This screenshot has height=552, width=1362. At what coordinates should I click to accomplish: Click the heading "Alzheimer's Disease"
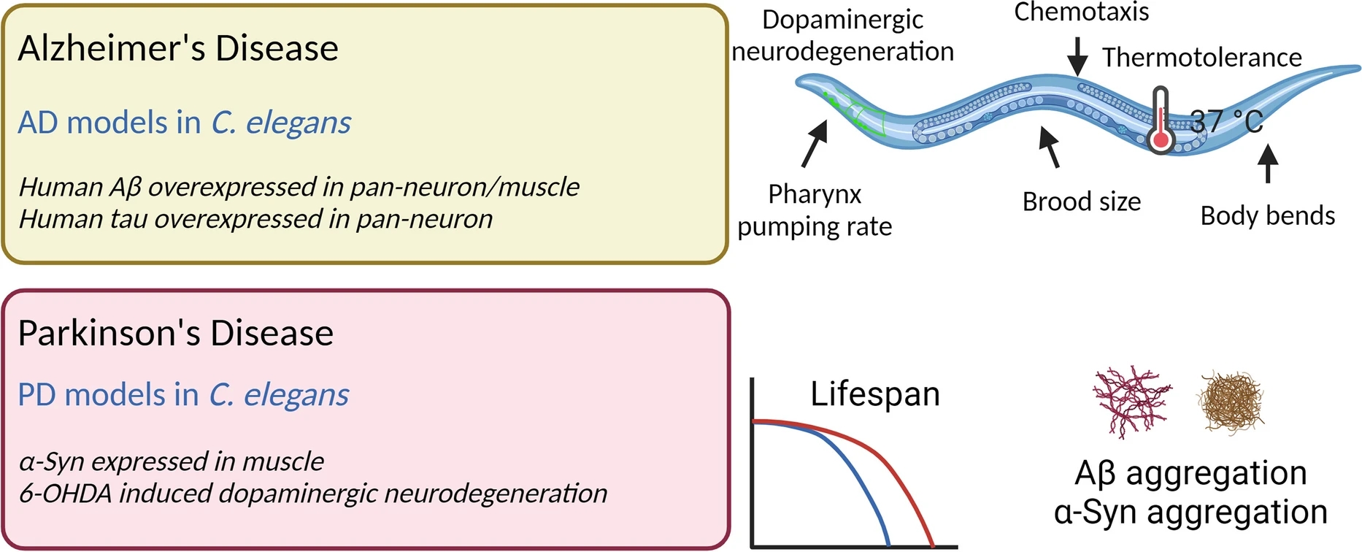point(178,49)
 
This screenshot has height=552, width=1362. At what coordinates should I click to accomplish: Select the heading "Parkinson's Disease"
point(175,334)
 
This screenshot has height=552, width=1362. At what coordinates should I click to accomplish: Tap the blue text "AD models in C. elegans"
point(184,123)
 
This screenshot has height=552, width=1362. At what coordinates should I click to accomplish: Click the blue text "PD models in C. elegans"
point(182,395)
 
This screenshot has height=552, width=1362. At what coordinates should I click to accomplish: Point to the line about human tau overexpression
point(255,219)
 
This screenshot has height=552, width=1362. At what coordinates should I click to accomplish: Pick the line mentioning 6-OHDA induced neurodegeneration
point(312,494)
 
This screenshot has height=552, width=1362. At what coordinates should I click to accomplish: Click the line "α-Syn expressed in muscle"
point(171,461)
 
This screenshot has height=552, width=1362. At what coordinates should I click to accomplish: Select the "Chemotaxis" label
point(1081,12)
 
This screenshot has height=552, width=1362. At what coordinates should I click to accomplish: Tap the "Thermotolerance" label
point(1201,57)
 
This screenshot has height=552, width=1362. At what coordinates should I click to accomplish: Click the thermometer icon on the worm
point(1160,121)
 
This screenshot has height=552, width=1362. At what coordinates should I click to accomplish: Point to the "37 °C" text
point(1226,121)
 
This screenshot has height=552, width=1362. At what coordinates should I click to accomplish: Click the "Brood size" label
point(1081,202)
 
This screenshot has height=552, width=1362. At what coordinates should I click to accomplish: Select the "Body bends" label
point(1267,216)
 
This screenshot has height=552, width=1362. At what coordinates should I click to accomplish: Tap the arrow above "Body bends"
point(1268,162)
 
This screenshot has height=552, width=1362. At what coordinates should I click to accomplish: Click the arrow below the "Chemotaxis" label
point(1077,55)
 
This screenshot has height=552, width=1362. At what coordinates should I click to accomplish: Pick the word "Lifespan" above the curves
point(874,394)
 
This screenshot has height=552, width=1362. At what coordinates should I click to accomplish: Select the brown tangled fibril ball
point(1231,402)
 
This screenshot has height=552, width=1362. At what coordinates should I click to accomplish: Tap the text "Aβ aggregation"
point(1190,473)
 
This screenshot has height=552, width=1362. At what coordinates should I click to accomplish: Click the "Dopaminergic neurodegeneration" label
point(842,35)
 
